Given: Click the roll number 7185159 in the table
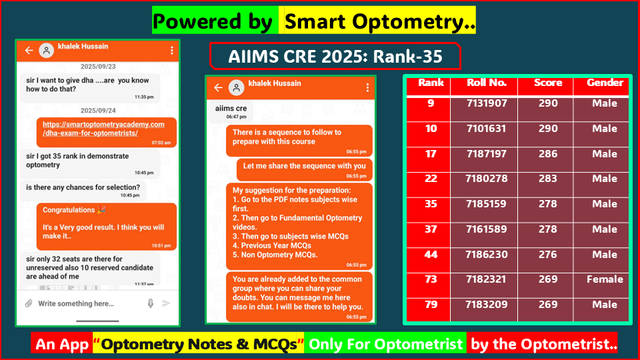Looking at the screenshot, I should pyautogui.click(x=487, y=204).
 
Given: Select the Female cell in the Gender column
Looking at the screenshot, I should pyautogui.click(x=605, y=279).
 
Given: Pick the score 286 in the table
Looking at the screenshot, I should pyautogui.click(x=548, y=154).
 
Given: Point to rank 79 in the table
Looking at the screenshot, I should pyautogui.click(x=431, y=305).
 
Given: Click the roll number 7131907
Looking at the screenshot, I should pyautogui.click(x=487, y=103).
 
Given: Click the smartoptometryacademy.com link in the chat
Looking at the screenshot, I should pyautogui.click(x=103, y=129).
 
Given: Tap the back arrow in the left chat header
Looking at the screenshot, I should pyautogui.click(x=29, y=51).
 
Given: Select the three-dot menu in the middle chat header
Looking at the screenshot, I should pyautogui.click(x=367, y=87).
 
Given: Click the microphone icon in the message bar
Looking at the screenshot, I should pyautogui.click(x=151, y=303).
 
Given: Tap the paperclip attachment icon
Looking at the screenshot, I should pyautogui.click(x=29, y=303).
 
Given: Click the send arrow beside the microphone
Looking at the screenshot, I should pyautogui.click(x=167, y=303).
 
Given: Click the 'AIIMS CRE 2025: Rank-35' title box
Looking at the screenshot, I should pyautogui.click(x=335, y=57).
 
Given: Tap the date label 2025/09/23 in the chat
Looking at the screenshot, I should pyautogui.click(x=97, y=67).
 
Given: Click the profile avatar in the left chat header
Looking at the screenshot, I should pyautogui.click(x=46, y=51).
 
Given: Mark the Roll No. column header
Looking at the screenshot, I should pyautogui.click(x=487, y=83).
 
